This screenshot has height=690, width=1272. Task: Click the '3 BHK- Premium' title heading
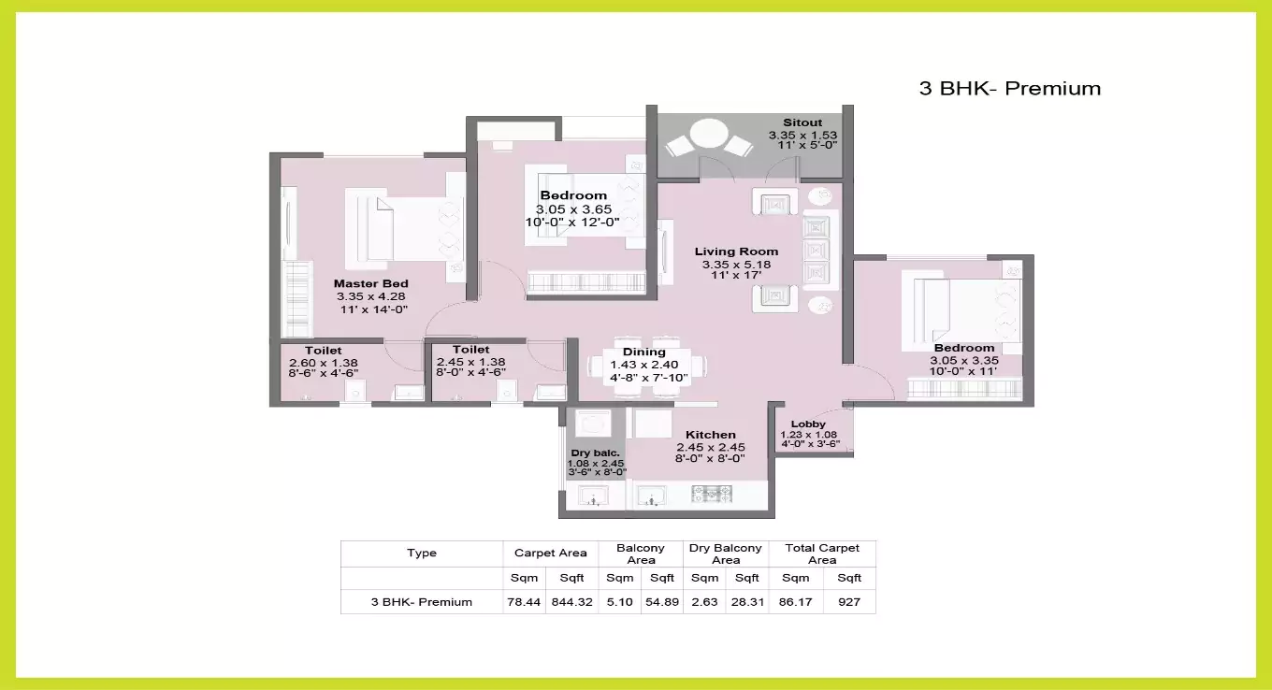[1009, 89]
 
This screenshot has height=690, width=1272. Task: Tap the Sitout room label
[802, 122]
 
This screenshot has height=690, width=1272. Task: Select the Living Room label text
[736, 252]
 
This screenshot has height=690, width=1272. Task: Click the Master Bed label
[371, 283]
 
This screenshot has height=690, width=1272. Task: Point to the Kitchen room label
[710, 435]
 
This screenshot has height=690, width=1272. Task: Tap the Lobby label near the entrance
[808, 424]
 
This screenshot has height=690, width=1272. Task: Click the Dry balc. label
[596, 453]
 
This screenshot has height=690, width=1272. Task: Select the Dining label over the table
[643, 352]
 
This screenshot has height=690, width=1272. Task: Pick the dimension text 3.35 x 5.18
[736, 265]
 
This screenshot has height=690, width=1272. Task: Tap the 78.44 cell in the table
[524, 602]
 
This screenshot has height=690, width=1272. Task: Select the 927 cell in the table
[849, 602]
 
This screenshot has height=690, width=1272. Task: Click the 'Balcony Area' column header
[641, 553]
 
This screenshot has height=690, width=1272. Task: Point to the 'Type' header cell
[422, 553]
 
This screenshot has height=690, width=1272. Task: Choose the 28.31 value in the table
[746, 602]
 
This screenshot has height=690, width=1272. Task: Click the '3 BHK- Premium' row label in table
[422, 602]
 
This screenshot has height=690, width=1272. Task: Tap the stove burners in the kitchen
[711, 495]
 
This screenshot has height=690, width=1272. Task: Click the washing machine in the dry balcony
[592, 426]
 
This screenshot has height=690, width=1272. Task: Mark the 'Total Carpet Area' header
[822, 553]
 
